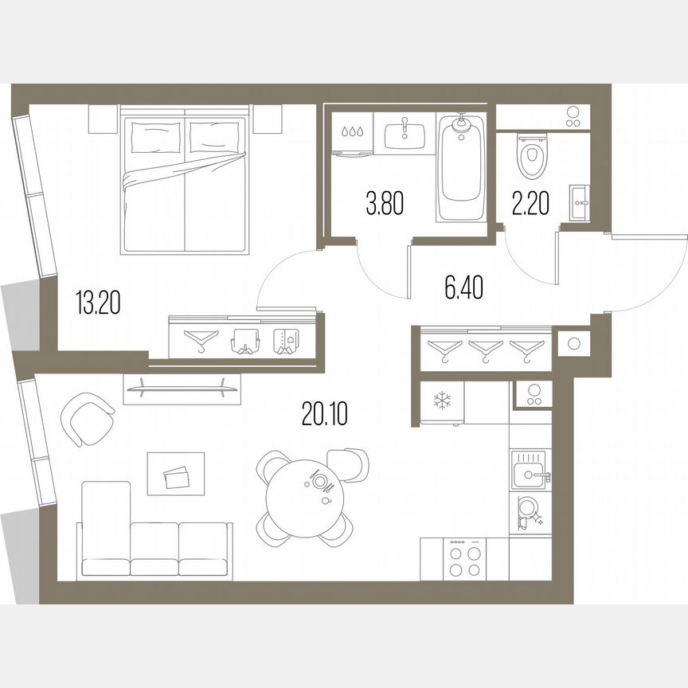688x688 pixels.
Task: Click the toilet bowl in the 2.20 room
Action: point(530,156)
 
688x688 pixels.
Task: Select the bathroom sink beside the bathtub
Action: point(405,136)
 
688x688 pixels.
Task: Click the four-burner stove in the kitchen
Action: point(464,559)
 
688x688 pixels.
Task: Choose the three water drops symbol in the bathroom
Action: point(350,132)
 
